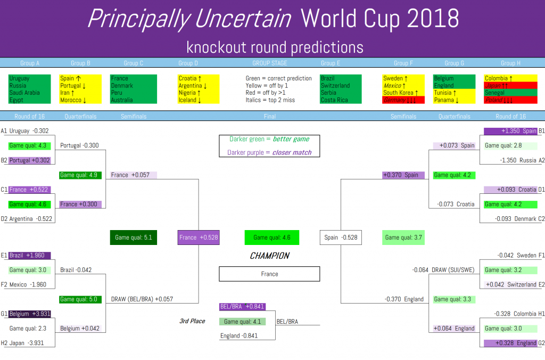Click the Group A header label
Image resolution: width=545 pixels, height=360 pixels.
point(30,63)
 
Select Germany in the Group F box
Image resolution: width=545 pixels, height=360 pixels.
point(394,100)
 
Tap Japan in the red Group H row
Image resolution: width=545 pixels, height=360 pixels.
point(493,86)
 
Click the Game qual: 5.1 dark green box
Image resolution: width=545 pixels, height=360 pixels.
point(134,238)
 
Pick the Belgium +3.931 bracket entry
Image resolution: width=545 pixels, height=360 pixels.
point(30,314)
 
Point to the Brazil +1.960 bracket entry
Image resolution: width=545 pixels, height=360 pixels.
point(30,255)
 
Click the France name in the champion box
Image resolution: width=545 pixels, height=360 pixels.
point(269,274)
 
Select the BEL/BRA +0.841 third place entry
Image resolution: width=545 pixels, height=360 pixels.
point(242,306)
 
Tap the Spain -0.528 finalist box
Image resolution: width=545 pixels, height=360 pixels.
point(341,238)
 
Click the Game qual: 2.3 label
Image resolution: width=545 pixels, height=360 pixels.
point(28,329)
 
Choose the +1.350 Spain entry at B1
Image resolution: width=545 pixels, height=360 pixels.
point(510,131)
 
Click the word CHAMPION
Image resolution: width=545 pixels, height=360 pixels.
point(269,256)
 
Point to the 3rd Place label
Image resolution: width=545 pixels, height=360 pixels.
point(192,321)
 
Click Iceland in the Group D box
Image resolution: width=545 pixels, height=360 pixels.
point(187,100)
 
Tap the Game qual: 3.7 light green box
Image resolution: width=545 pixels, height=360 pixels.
point(403,238)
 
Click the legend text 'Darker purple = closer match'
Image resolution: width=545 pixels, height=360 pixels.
point(269,152)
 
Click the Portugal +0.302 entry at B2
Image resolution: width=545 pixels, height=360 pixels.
point(30,160)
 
